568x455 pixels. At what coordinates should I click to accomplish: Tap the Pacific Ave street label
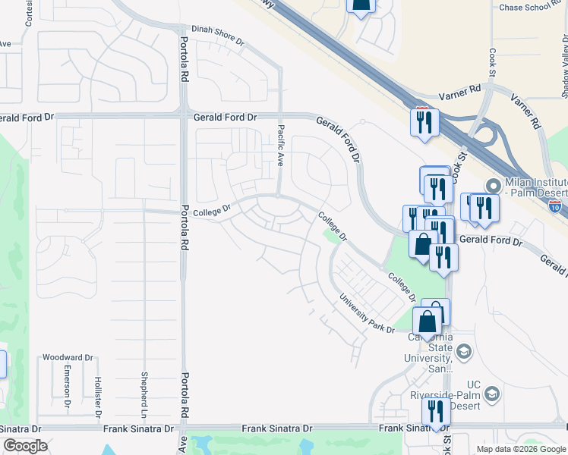point(280,146)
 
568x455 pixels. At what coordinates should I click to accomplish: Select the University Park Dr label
point(367,314)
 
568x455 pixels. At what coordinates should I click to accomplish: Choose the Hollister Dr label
point(97,396)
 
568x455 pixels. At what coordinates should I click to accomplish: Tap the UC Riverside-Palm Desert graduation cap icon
point(492,394)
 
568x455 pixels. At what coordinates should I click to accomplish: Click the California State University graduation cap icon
point(463,351)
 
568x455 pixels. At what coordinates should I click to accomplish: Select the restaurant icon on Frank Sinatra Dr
point(436,412)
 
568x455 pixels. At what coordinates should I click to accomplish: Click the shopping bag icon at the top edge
point(361,5)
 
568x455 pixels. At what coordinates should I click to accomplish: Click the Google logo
point(24,446)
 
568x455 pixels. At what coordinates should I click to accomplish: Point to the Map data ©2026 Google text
point(522,449)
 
